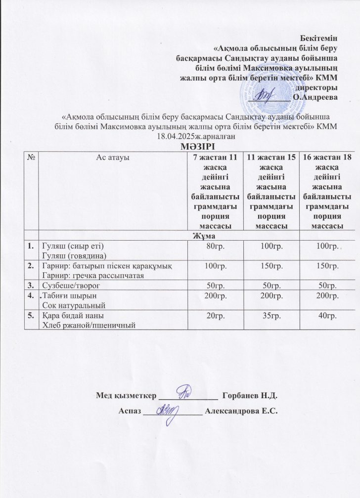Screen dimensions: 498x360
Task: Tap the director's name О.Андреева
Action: pyautogui.click(x=315, y=97)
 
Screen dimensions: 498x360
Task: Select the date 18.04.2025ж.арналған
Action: pyautogui.click(x=195, y=136)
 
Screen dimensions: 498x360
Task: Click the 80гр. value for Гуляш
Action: pyautogui.click(x=213, y=246)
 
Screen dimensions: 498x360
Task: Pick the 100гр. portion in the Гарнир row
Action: pyautogui.click(x=213, y=267)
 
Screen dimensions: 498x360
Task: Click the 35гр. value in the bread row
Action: pyautogui.click(x=271, y=316)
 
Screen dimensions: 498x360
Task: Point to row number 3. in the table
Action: pyautogui.click(x=31, y=285)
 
